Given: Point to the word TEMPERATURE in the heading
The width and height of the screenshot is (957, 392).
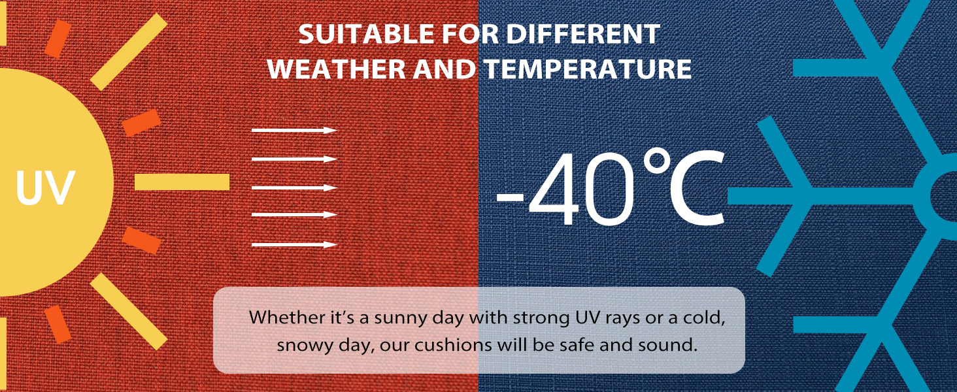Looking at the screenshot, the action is pyautogui.click(x=588, y=69).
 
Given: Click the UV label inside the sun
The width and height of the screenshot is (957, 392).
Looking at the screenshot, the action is pyautogui.click(x=45, y=188).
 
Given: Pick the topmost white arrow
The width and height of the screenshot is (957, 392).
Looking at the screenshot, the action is pyautogui.click(x=294, y=130).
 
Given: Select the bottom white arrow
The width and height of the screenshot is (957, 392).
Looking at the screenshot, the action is pyautogui.click(x=294, y=245).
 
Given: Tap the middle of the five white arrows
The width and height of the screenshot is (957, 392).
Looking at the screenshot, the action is pyautogui.click(x=294, y=188).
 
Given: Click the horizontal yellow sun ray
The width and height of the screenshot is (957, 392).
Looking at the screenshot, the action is pyautogui.click(x=182, y=182).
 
